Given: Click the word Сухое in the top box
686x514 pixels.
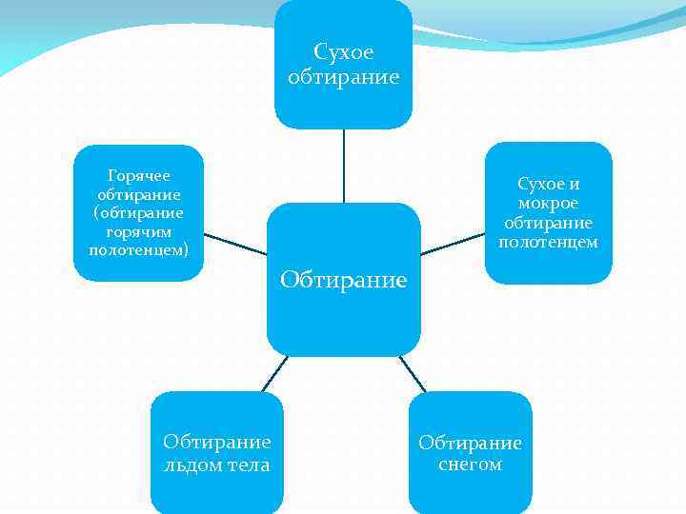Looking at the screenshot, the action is pos(343,51).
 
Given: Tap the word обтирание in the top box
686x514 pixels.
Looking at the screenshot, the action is pos(343,76).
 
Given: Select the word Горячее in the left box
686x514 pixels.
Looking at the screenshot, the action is pos(139,175).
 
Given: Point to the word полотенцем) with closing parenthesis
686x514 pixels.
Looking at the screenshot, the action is pos(139,250).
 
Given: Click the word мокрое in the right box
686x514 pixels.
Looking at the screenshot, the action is pos(549,203).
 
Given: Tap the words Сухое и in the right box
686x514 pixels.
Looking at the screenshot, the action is pos(549,184).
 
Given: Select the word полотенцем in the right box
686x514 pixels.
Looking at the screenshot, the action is pos(549,242).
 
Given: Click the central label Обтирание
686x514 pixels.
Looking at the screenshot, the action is pos(343,281).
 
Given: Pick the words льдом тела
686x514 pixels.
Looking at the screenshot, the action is pos(217,465).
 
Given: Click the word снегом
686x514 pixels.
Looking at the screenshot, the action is pos(470,465).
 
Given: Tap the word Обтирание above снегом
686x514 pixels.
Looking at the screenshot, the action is pos(470,444).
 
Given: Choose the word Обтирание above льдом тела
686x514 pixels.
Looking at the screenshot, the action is pos(217,442).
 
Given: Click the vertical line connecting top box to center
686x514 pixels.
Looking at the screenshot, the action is pos(343,166).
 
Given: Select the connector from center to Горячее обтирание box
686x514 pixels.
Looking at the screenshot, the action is pos(235,244).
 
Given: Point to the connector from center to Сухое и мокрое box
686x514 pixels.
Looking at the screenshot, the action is pos(453,244).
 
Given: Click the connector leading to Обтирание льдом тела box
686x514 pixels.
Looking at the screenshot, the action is pos(274,373).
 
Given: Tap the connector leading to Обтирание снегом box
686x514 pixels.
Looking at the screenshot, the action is pos(413,373).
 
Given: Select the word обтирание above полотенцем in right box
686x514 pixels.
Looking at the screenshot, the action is pos(549,223).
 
